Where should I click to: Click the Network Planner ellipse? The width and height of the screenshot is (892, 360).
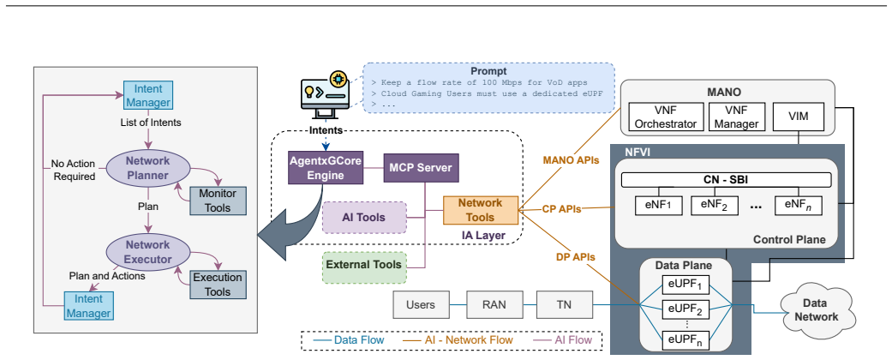(148, 168)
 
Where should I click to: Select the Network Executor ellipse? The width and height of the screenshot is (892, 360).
(148, 252)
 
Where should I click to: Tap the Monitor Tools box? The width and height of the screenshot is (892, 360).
(219, 201)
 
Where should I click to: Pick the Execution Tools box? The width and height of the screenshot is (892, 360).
(219, 285)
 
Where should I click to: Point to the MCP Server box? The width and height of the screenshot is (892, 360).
(421, 167)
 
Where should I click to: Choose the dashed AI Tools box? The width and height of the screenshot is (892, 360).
(364, 217)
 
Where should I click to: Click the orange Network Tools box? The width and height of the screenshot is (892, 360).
(481, 210)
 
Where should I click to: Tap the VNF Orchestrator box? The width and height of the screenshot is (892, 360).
(666, 116)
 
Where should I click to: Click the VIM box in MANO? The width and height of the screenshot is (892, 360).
(798, 116)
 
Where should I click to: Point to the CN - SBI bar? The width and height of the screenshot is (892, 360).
(726, 180)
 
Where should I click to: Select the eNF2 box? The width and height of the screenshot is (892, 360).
(715, 205)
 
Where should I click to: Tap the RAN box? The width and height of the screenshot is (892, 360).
(494, 305)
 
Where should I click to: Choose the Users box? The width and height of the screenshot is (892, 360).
(421, 305)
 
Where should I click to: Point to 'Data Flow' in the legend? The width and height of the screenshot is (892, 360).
(359, 340)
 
